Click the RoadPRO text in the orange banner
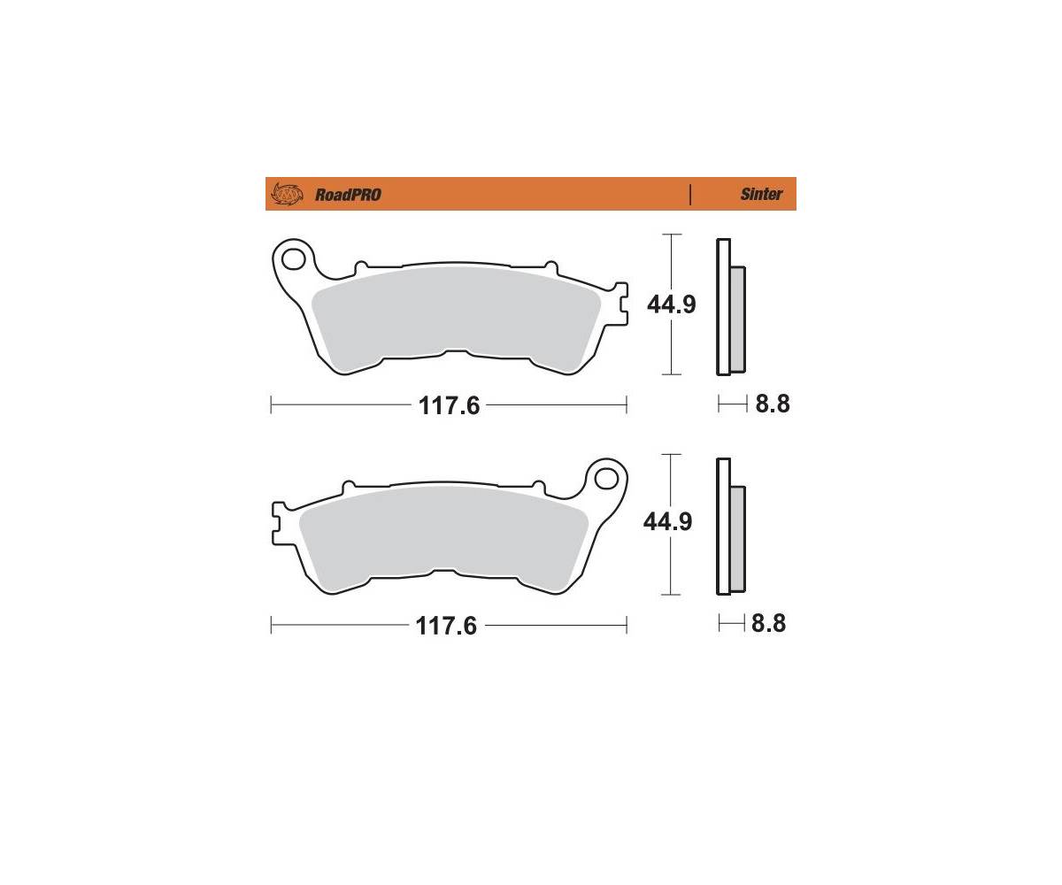348,195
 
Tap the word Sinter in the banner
761,194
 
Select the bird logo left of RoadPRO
287,194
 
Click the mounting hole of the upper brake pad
292,259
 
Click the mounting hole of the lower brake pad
605,479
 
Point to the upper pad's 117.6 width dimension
449,405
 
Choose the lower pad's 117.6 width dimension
446,626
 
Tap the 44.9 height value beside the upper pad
672,304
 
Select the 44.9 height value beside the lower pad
668,522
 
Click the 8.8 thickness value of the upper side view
773,404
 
